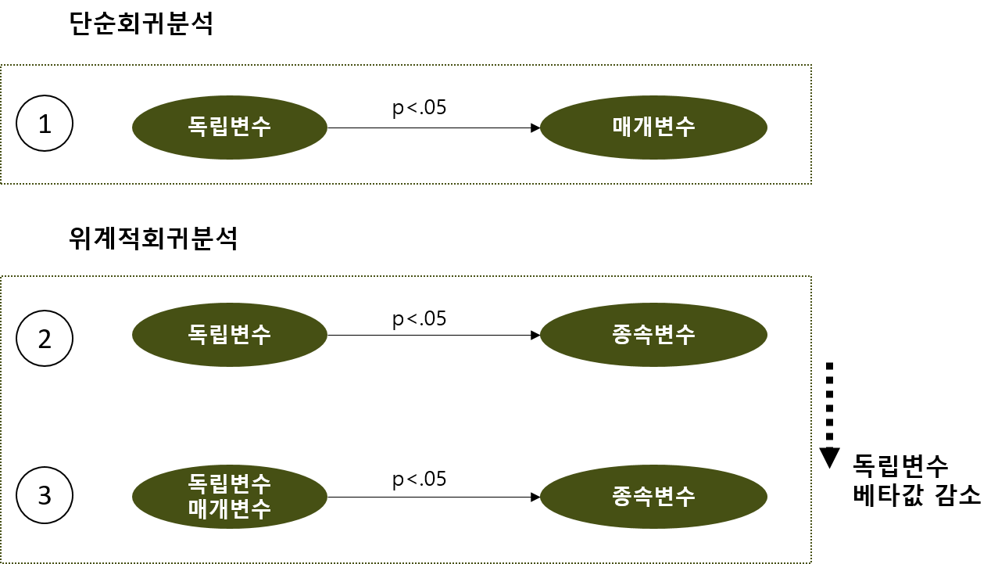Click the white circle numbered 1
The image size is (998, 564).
tap(45, 124)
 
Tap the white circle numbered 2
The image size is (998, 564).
tap(45, 339)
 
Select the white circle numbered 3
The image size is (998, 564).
tap(45, 496)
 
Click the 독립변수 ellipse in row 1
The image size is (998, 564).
tap(229, 128)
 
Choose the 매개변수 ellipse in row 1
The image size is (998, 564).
tap(653, 128)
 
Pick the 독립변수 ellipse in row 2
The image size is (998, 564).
tap(229, 335)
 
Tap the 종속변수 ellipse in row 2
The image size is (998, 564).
tap(653, 335)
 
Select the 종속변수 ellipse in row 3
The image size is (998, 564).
tap(653, 497)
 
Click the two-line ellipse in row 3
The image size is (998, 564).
tap(229, 497)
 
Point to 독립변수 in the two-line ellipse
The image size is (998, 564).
tap(229, 483)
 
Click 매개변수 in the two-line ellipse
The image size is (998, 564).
tap(229, 509)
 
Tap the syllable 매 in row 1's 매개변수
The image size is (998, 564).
tap(623, 127)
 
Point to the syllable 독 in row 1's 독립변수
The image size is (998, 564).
tap(199, 127)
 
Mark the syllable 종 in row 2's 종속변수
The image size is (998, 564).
tap(623, 335)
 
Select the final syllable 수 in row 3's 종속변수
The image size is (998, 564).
tap(685, 497)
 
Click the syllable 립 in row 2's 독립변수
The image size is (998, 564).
tap(219, 335)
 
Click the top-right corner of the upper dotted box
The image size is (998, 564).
tap(811, 66)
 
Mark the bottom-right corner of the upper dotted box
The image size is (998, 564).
tap(811, 184)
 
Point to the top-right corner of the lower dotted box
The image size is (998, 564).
tap(811, 276)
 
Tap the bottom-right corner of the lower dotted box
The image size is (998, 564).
tap(811, 562)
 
